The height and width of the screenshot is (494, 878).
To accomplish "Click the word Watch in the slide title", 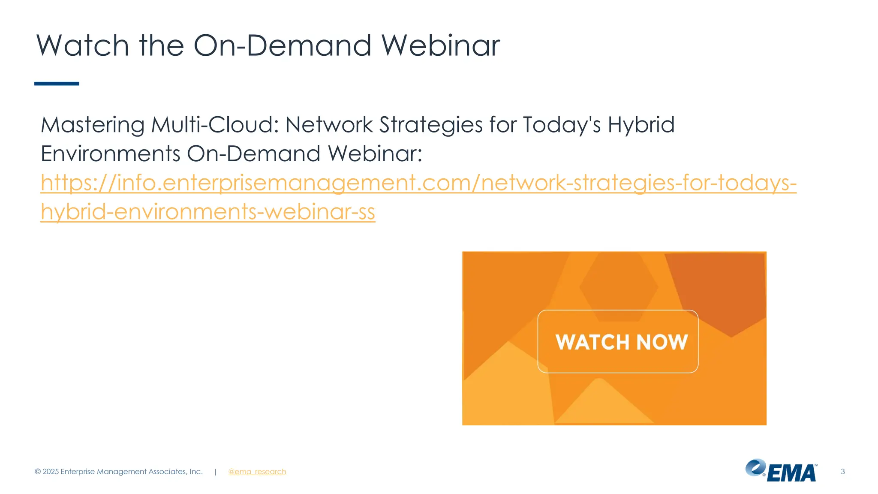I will click(82, 45).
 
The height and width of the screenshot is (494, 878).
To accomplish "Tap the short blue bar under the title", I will click(57, 84).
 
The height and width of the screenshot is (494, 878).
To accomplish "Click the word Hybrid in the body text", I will click(641, 125).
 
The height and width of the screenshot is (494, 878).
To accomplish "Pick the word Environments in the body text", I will click(110, 154).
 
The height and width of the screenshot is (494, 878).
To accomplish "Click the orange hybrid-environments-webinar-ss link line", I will click(208, 212).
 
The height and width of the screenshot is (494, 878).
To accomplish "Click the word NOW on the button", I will click(662, 342).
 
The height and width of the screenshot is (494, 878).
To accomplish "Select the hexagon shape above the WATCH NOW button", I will click(619, 286).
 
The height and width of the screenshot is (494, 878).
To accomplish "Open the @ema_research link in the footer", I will click(257, 472).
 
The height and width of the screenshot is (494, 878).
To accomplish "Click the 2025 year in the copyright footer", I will click(51, 472).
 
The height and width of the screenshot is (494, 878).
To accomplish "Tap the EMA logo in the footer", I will click(781, 471).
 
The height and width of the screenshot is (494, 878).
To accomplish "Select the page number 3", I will click(842, 472).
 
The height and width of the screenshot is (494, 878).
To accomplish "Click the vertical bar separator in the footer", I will click(215, 472).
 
